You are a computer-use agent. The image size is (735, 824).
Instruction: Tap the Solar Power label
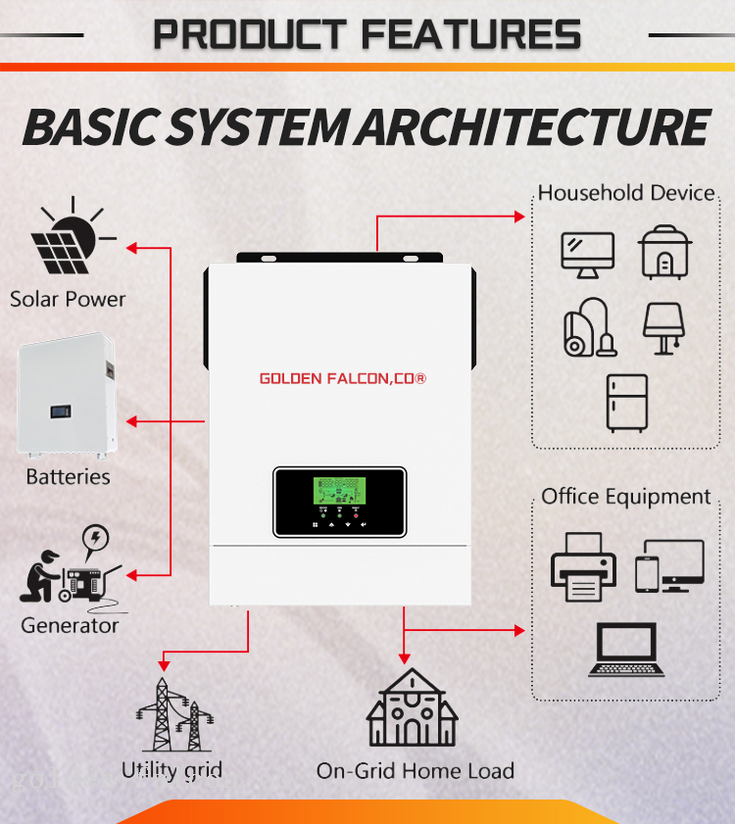point(68,299)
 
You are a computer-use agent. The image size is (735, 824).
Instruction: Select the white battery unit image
point(67,398)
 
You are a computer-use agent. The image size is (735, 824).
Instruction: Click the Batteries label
point(68,477)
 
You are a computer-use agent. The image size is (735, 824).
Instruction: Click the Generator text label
point(70,625)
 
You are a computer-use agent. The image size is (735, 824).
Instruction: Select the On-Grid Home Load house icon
point(412,709)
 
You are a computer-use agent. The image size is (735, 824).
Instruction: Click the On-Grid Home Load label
point(415,771)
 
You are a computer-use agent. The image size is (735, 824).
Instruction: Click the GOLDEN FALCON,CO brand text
point(342,377)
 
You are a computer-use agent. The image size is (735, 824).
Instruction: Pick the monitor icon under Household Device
point(587,254)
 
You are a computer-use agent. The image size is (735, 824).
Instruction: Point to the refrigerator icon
point(626,403)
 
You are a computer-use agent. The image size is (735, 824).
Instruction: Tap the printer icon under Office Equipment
point(583,567)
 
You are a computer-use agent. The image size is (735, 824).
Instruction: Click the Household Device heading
point(626,192)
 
